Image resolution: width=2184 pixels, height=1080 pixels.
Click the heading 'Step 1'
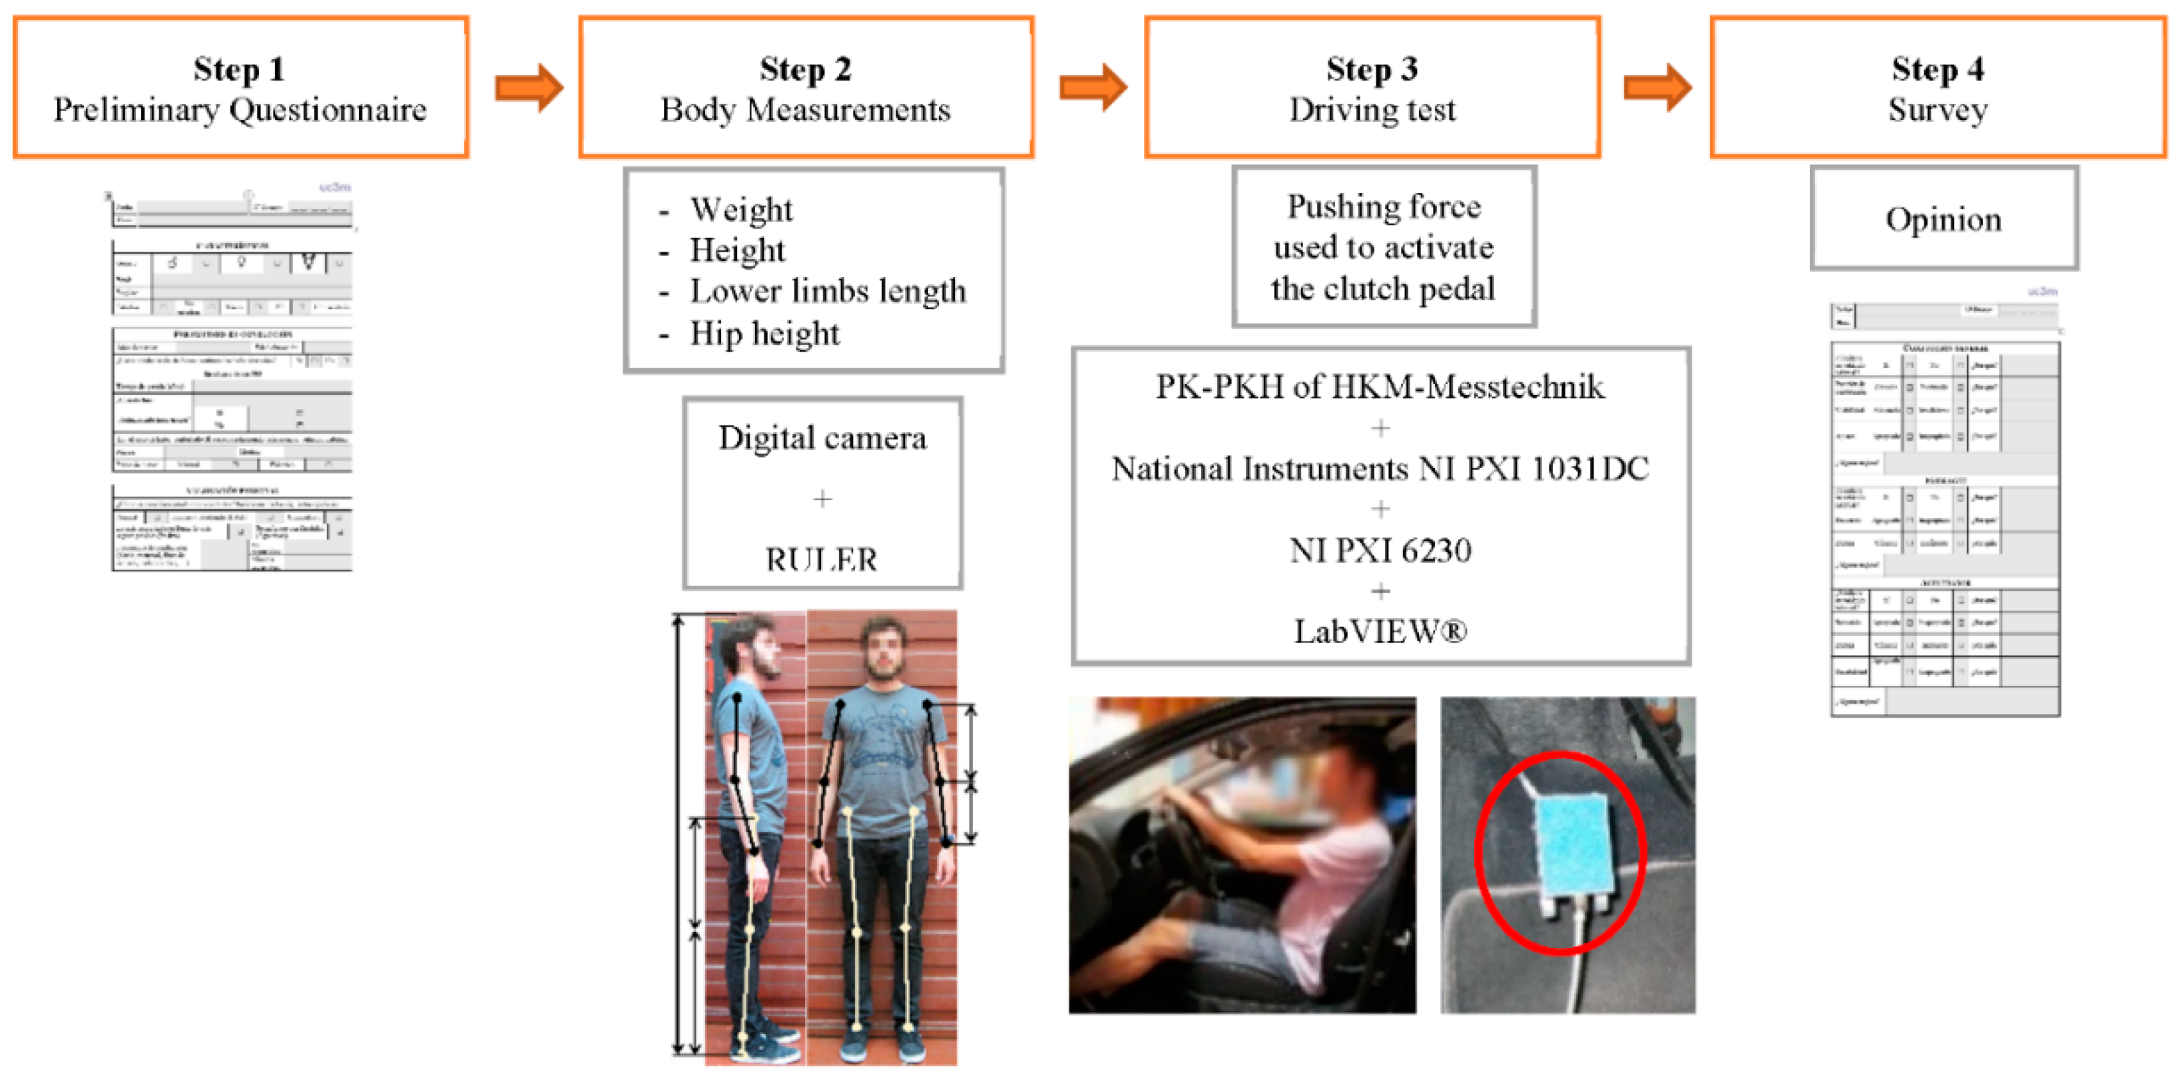click(x=239, y=69)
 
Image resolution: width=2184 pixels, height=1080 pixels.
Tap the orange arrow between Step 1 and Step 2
click(x=529, y=87)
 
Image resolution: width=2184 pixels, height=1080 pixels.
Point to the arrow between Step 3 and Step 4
click(x=1657, y=87)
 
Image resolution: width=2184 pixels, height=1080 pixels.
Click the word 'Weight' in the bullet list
click(x=741, y=209)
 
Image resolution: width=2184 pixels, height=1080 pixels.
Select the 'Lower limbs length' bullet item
click(x=828, y=292)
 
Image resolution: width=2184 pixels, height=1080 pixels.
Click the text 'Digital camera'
click(x=822, y=438)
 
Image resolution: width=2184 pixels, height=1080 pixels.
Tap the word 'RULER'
click(x=822, y=559)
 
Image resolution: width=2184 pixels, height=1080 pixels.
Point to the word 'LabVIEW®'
click(x=1380, y=632)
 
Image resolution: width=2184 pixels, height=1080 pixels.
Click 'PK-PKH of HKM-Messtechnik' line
click(x=1380, y=388)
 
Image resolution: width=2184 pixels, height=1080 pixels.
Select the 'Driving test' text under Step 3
click(x=1372, y=111)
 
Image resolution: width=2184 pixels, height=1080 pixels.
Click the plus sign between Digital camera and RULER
click(x=822, y=499)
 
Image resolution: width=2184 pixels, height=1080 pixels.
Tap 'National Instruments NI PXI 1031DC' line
click(x=1380, y=469)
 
